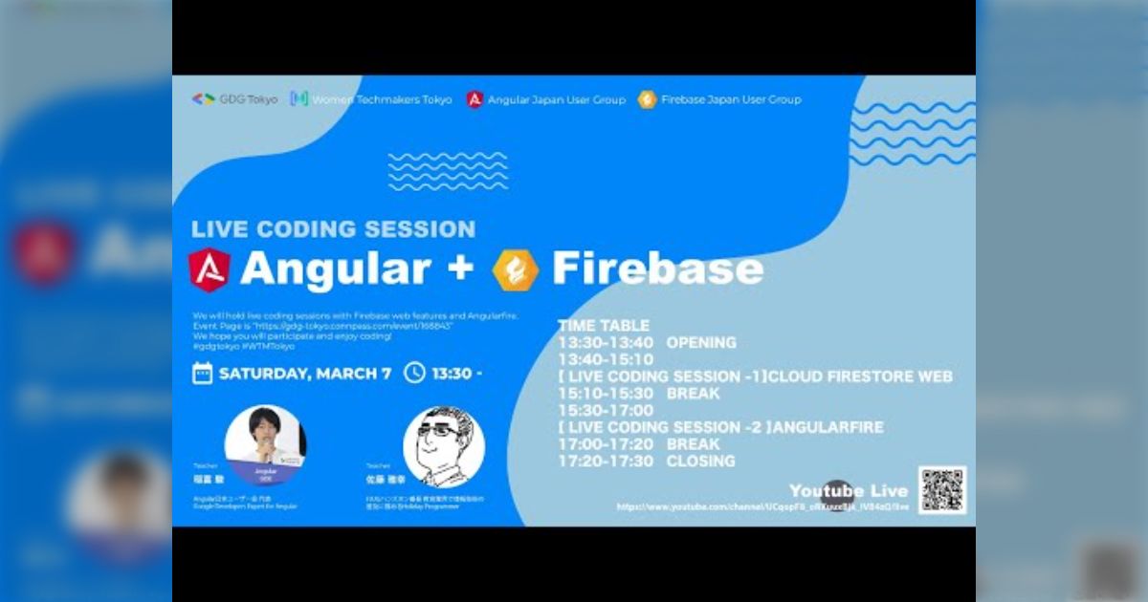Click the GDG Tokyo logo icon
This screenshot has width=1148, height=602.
[x=203, y=99]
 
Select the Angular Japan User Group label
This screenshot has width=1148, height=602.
[x=556, y=99]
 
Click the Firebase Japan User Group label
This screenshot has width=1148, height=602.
[x=731, y=99]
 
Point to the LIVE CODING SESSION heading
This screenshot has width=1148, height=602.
[x=333, y=229]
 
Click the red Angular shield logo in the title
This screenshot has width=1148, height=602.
[x=210, y=269]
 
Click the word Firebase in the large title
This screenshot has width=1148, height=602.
[x=657, y=269]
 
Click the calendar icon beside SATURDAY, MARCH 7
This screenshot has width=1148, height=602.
[x=202, y=373]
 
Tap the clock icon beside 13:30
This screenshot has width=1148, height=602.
[x=414, y=373]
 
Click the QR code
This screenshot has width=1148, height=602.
[x=942, y=490]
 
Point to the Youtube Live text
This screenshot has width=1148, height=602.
[x=848, y=491]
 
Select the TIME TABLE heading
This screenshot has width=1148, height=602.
[x=604, y=326]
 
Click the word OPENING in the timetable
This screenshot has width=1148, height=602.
[x=701, y=342]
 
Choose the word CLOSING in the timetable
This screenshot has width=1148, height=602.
[x=700, y=461]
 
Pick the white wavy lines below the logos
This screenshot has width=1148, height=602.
[x=448, y=171]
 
